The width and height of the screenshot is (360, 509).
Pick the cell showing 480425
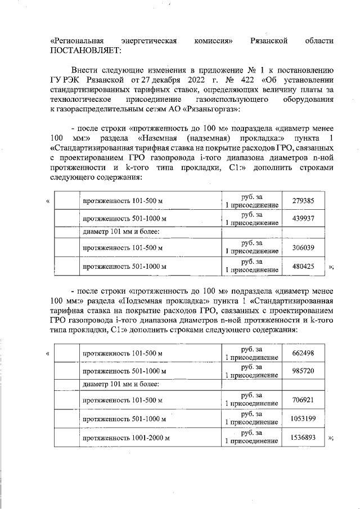pyautogui.click(x=304, y=266)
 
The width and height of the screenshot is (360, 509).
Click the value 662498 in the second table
pyautogui.click(x=304, y=353)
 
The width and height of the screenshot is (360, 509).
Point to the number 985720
pyautogui.click(x=304, y=371)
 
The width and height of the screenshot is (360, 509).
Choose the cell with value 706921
pyautogui.click(x=304, y=399)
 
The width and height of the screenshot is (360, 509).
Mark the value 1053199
pyautogui.click(x=304, y=418)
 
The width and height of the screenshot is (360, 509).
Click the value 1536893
pyautogui.click(x=304, y=437)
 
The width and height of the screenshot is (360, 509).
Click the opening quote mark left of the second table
pyautogui.click(x=48, y=353)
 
